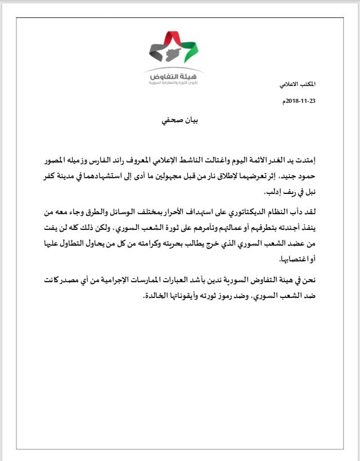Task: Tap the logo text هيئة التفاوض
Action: click(x=174, y=75)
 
